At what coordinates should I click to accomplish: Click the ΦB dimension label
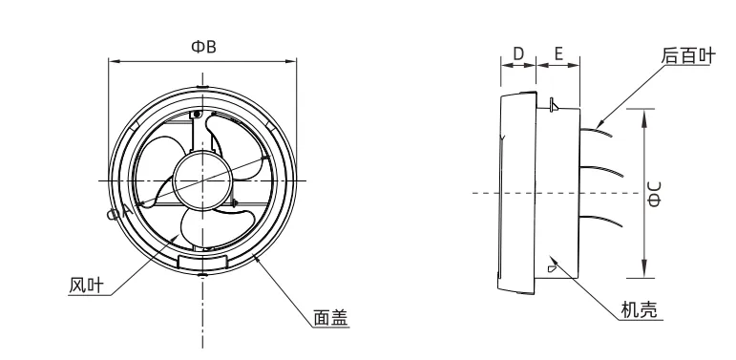pyautogui.click(x=203, y=47)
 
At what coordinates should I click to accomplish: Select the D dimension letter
pyautogui.click(x=517, y=54)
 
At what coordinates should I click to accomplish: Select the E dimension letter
pyautogui.click(x=558, y=54)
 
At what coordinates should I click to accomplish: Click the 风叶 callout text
pyautogui.click(x=86, y=285)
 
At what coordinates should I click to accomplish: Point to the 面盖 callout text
pyautogui.click(x=331, y=318)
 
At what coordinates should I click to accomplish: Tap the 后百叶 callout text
pyautogui.click(x=688, y=55)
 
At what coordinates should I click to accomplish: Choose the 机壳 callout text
pyautogui.click(x=640, y=310)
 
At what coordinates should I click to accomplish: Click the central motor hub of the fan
pyautogui.click(x=202, y=180)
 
